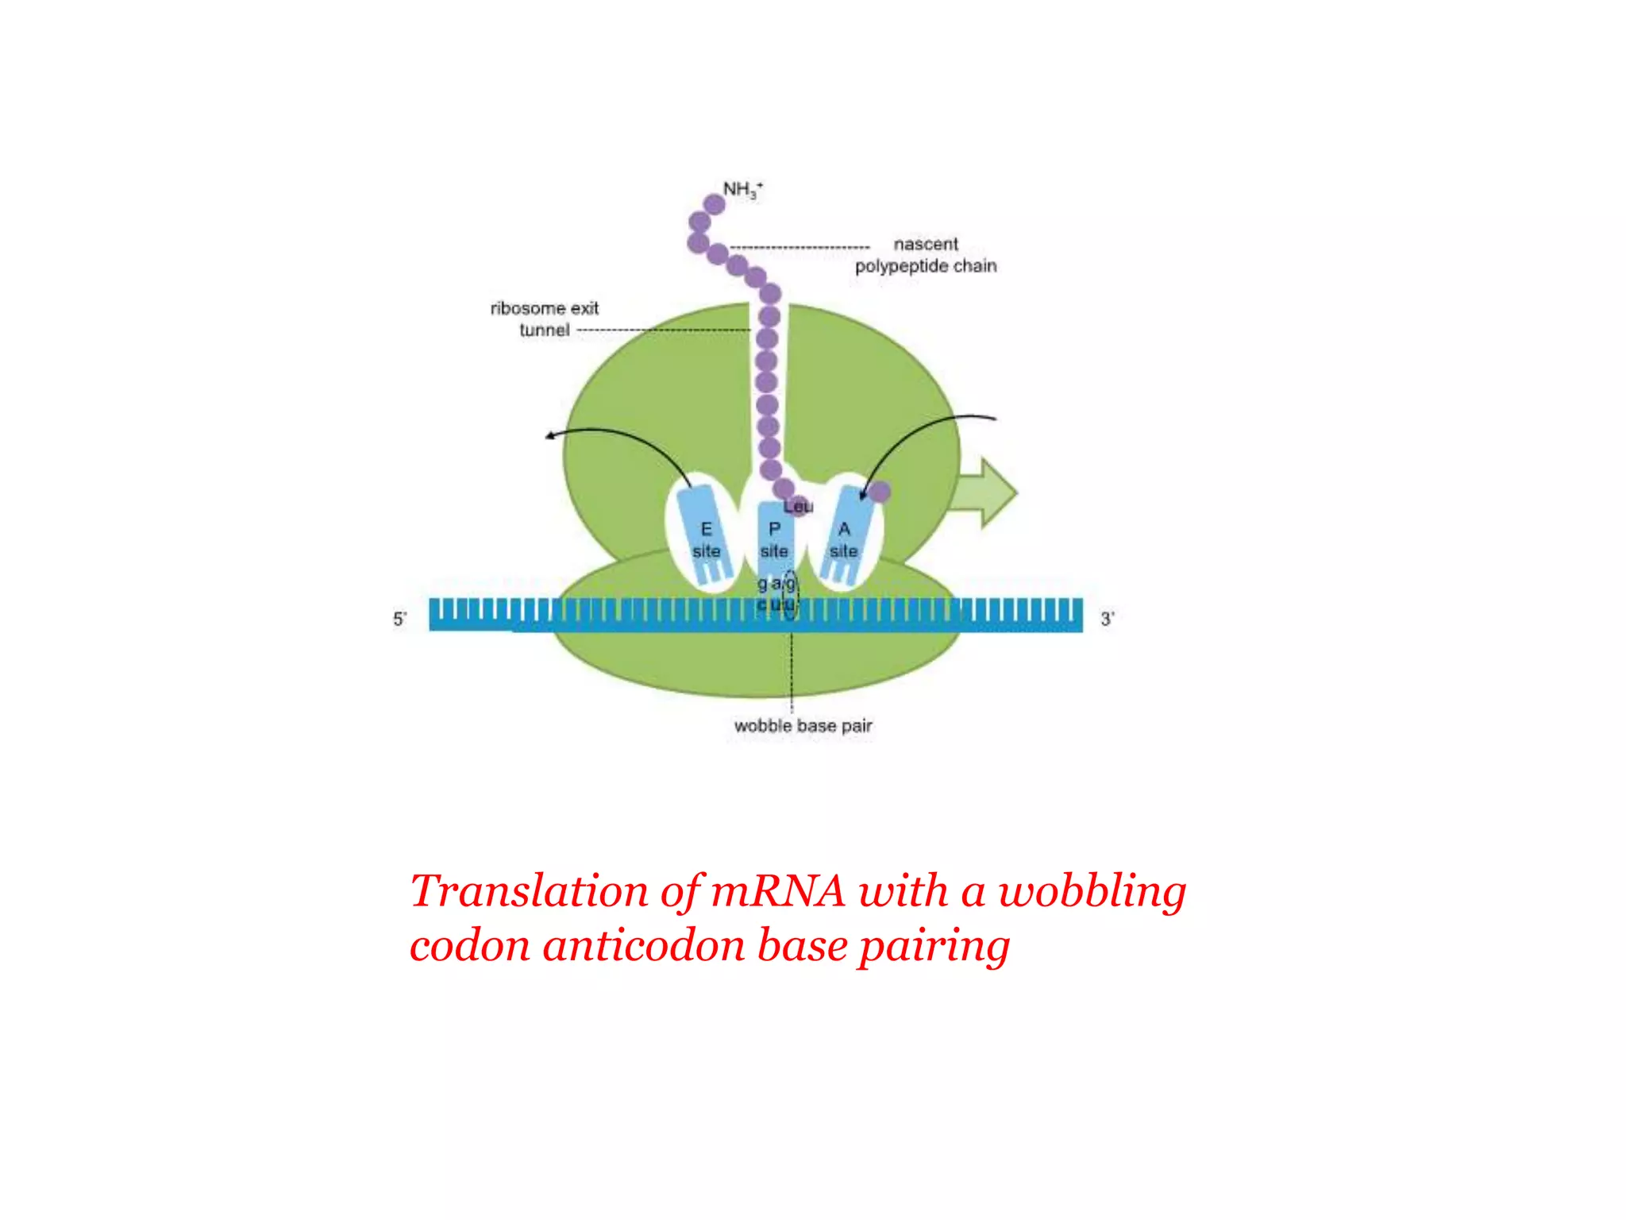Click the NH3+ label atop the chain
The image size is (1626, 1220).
742,190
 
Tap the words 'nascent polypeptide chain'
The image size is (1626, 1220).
925,255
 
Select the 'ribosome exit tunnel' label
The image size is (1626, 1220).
545,319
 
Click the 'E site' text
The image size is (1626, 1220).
706,540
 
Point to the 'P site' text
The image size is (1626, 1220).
774,540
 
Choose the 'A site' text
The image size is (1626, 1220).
844,540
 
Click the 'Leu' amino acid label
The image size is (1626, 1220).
799,507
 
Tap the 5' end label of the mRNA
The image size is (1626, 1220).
400,619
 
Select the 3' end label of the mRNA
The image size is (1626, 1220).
1108,619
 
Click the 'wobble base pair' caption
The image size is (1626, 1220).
803,726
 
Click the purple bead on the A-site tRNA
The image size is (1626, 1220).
879,492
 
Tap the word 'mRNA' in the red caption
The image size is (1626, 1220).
778,891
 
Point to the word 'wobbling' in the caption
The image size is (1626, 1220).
1092,891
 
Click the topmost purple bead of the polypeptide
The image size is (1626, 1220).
715,205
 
